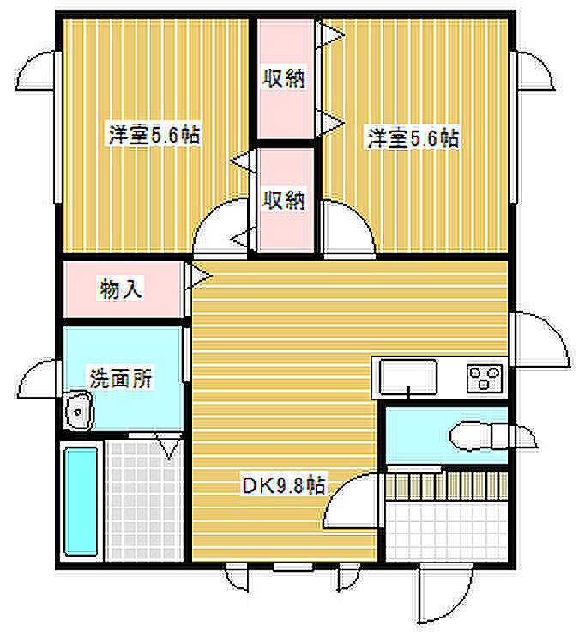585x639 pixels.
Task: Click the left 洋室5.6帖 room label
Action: point(154,135)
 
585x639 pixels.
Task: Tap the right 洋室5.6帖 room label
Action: point(413,138)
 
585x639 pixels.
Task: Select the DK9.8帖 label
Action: point(284,485)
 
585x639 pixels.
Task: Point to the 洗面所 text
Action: point(121,379)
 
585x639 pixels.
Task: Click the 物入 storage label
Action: point(121,289)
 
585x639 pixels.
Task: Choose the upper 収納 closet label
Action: point(283,78)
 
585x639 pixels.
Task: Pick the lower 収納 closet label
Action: point(283,199)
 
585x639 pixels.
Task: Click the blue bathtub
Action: point(81,502)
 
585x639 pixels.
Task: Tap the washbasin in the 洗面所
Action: point(78,411)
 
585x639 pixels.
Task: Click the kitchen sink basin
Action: point(407,377)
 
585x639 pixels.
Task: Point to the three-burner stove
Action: point(484,378)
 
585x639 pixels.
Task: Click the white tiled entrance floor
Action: point(446,531)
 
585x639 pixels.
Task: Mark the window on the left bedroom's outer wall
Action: point(57,127)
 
